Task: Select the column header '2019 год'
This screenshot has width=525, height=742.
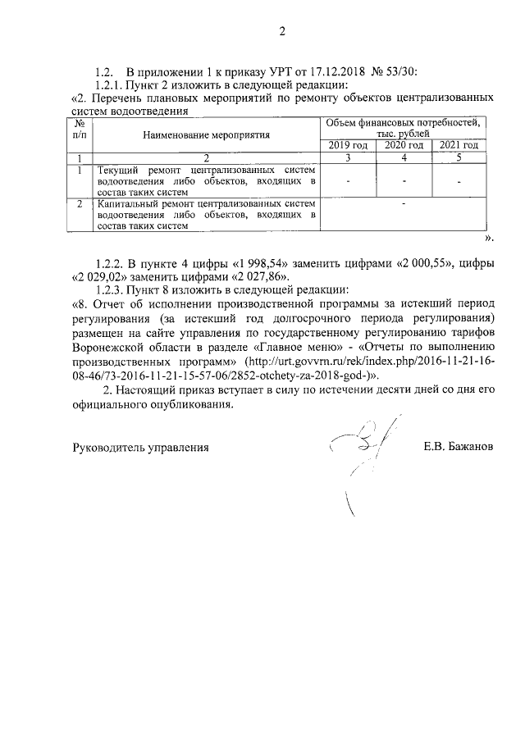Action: [x=347, y=145]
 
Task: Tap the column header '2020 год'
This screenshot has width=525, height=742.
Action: [x=404, y=145]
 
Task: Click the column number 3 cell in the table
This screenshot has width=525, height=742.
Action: [x=347, y=157]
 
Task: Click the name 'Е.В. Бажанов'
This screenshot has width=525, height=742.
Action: [x=459, y=448]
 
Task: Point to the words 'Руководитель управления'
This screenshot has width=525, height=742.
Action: [x=140, y=448]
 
